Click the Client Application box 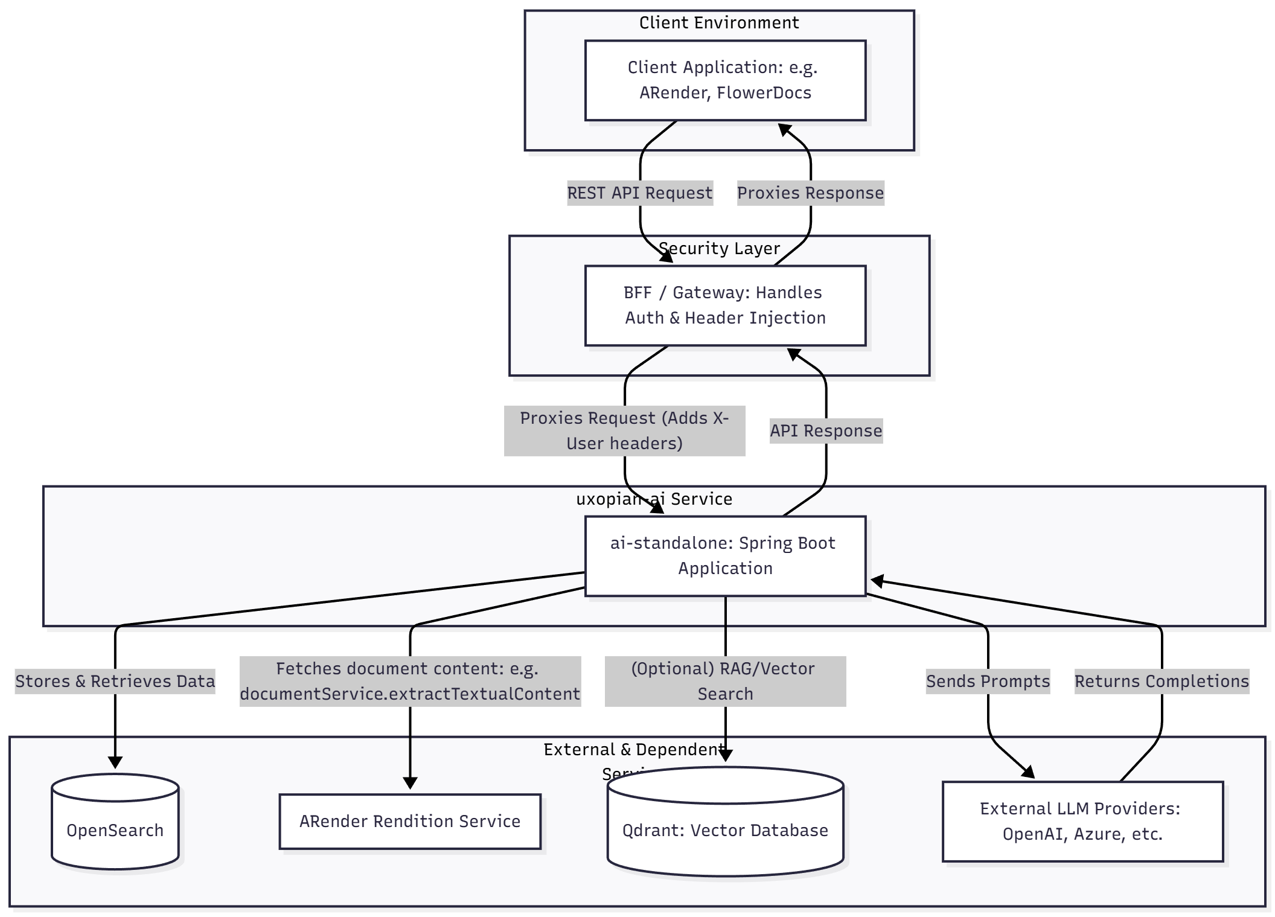click(x=725, y=80)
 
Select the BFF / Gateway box click(x=725, y=305)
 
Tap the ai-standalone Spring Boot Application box click(x=725, y=555)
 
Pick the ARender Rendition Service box click(x=409, y=821)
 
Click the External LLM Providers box click(x=1082, y=821)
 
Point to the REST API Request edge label click(x=640, y=193)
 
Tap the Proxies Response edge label click(x=810, y=193)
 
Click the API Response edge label click(x=826, y=431)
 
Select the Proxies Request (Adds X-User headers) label click(x=624, y=431)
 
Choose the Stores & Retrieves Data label click(x=115, y=682)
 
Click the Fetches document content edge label click(x=410, y=682)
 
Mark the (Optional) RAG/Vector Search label click(x=725, y=682)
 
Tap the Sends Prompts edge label click(x=988, y=682)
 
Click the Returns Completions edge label click(x=1162, y=682)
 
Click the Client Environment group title click(x=718, y=23)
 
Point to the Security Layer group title click(x=718, y=249)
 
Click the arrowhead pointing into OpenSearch click(x=115, y=763)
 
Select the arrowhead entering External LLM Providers click(x=1029, y=773)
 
